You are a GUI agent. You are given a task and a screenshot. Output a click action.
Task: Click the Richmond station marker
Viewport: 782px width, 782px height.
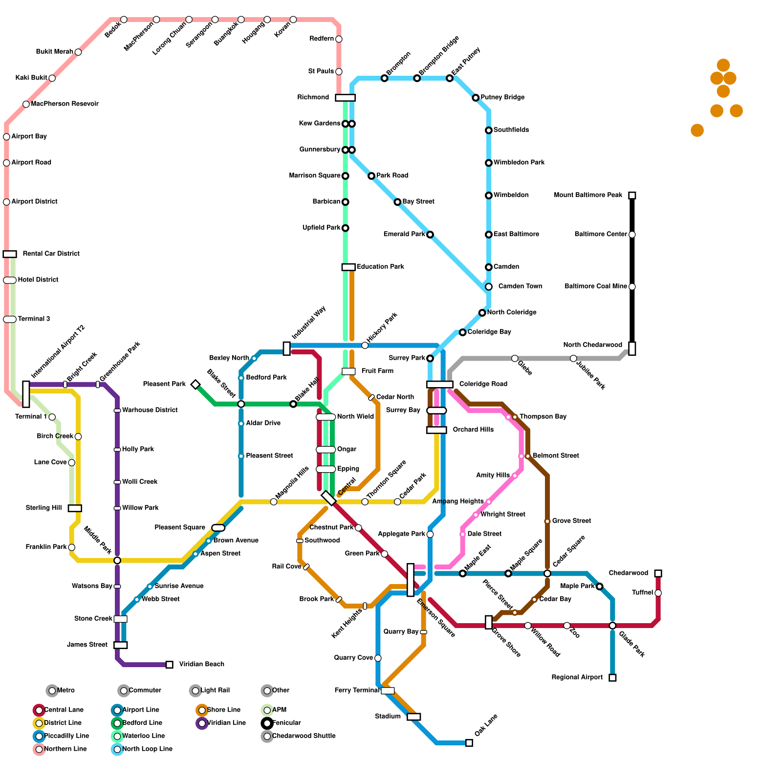[x=345, y=98]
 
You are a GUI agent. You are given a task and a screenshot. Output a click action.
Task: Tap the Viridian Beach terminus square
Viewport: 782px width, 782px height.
[x=169, y=665]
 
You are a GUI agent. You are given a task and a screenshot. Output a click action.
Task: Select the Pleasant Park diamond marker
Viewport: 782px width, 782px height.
[x=195, y=385]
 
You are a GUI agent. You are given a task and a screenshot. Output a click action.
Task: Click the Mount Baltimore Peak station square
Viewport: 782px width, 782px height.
[x=632, y=195]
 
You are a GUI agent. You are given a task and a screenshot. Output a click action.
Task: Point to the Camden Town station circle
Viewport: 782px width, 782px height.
[x=489, y=287]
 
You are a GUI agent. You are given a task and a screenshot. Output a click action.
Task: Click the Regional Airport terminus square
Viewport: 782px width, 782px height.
[x=612, y=677]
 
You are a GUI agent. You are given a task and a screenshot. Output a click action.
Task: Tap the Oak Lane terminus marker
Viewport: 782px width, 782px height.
[x=469, y=743]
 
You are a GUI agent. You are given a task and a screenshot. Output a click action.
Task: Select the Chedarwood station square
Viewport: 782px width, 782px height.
[x=658, y=573]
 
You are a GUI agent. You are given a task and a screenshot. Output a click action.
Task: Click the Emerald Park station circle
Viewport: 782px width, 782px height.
[x=430, y=235]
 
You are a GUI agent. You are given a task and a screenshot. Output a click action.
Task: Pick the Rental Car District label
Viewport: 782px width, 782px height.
[x=51, y=254]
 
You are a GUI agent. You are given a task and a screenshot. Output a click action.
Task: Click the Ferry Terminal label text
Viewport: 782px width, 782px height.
[x=357, y=691]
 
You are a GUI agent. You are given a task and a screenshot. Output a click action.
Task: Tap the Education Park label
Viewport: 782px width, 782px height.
[x=380, y=267]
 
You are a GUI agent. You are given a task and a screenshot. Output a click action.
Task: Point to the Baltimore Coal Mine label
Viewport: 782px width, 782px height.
[x=595, y=286]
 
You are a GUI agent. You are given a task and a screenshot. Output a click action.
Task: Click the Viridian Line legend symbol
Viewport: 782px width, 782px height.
[x=202, y=723]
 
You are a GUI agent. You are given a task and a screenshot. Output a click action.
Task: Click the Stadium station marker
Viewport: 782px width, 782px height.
[x=413, y=717]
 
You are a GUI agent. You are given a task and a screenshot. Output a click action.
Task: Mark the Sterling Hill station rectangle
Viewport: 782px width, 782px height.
[x=75, y=508]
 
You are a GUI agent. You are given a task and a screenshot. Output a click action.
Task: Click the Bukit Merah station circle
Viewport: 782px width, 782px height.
[x=78, y=52]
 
